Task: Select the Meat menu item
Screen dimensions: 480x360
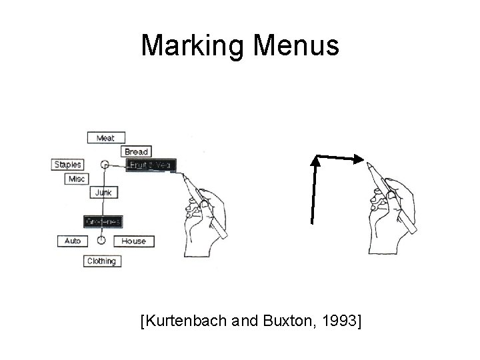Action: pos(105,138)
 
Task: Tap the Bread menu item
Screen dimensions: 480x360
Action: pos(136,151)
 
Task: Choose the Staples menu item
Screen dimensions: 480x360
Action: pos(67,165)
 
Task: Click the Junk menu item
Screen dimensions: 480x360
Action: pos(104,193)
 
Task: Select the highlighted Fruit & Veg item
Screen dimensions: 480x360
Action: pos(150,165)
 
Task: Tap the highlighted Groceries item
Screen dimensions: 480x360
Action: pos(102,221)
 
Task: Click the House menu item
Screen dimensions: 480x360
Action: pos(133,241)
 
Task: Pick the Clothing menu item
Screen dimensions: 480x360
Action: pos(101,261)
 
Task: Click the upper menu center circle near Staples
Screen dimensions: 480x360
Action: pos(104,164)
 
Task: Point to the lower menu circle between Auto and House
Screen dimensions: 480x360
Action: pos(101,240)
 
